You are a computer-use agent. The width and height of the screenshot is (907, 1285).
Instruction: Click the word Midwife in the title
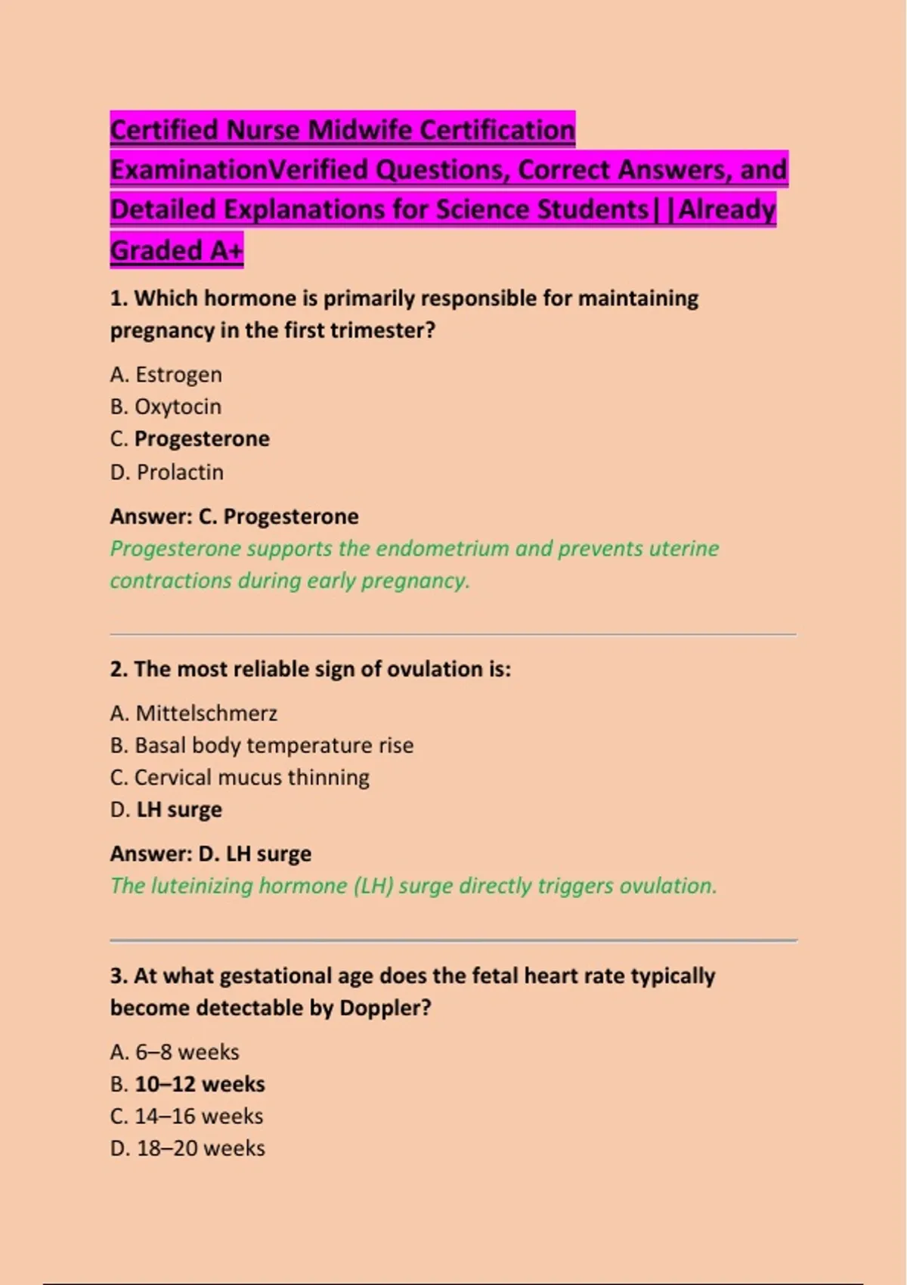361,130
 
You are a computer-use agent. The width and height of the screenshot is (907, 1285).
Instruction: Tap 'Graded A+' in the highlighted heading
176,250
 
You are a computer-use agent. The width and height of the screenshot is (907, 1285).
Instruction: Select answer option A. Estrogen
166,374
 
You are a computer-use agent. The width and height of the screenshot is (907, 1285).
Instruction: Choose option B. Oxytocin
166,407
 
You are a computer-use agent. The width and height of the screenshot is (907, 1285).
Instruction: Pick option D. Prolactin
167,472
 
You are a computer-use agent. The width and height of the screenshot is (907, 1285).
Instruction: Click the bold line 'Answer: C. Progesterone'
234,516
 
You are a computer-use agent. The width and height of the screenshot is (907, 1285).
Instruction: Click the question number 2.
118,669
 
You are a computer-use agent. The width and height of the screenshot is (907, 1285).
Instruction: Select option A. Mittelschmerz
193,713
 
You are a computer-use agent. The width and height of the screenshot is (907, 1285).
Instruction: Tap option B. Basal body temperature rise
262,745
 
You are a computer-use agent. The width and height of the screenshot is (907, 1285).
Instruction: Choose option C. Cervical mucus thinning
240,777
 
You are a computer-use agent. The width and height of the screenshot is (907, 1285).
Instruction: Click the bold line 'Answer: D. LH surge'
210,853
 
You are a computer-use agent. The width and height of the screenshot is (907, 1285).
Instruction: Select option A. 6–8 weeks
175,1051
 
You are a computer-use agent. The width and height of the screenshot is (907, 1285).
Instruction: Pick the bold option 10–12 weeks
200,1084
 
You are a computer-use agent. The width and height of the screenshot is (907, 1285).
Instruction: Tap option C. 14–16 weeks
187,1116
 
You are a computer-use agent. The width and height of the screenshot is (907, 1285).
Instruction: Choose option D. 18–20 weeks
187,1148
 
